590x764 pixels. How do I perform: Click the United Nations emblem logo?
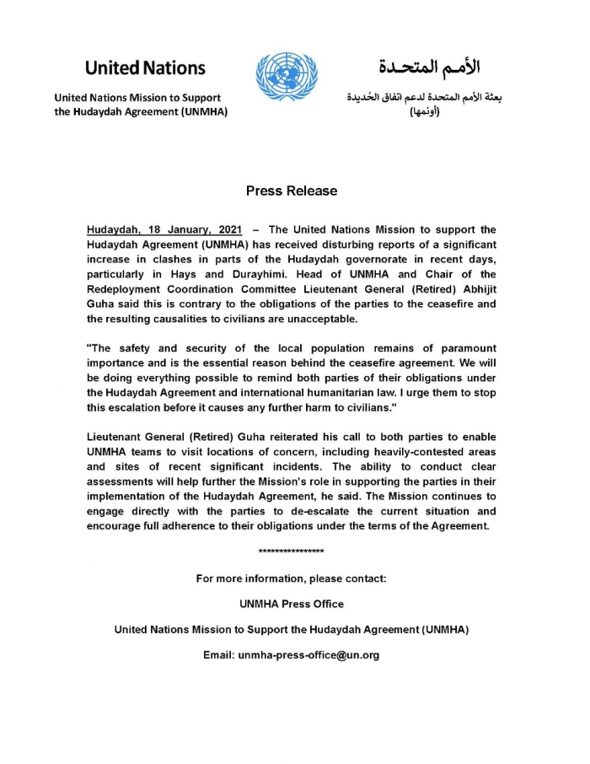(x=287, y=78)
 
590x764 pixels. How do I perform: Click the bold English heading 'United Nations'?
(x=145, y=67)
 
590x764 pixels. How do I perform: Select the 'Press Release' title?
(x=292, y=191)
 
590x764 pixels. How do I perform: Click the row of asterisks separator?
(x=292, y=551)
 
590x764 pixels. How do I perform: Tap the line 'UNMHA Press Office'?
(x=292, y=604)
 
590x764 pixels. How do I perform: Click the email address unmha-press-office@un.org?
(x=308, y=654)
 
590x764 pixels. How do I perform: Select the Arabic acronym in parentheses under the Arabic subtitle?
(x=425, y=112)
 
